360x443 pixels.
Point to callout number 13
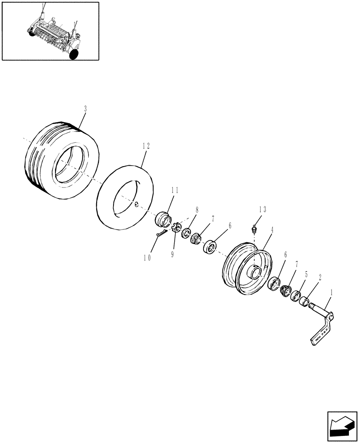pos(262,210)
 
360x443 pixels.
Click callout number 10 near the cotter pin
pos(147,257)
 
